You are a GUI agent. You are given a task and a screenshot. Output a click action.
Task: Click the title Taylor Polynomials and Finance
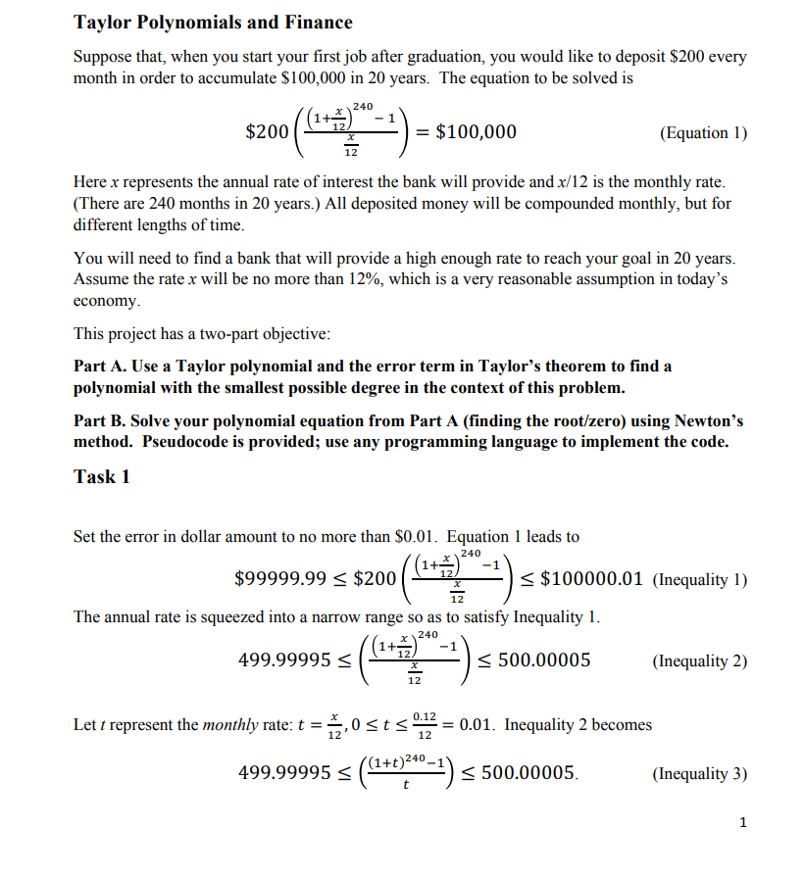[213, 22]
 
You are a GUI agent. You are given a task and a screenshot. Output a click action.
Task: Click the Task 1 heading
[102, 477]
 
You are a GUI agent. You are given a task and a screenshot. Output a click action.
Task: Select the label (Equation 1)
[697, 133]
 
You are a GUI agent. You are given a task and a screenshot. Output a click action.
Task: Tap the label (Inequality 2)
[698, 660]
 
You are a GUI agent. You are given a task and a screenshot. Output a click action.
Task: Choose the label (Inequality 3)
[698, 774]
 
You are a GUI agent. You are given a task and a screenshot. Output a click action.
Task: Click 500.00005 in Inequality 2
[544, 660]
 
